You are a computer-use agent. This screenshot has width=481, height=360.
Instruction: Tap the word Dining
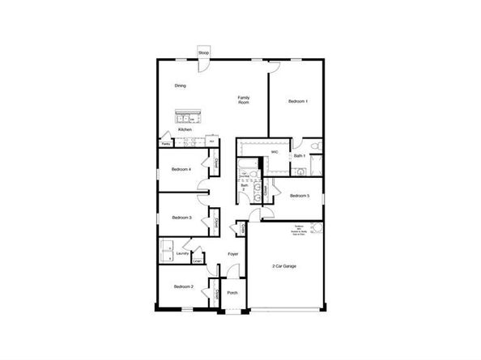tap(180, 85)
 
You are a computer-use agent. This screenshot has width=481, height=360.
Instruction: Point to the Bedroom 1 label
tap(297, 101)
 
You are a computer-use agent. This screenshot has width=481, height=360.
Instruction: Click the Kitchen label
tap(185, 129)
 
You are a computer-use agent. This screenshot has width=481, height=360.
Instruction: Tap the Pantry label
tap(165, 144)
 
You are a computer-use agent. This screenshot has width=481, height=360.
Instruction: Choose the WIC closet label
tap(275, 151)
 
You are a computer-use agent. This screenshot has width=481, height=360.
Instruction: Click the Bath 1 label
tap(299, 155)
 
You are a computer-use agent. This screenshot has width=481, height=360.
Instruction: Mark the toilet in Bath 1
tap(317, 146)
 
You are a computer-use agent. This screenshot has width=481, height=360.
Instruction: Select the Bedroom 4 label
tap(181, 169)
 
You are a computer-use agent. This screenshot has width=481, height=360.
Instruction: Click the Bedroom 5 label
tap(300, 195)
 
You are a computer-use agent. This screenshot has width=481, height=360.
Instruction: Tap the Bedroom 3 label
tap(181, 217)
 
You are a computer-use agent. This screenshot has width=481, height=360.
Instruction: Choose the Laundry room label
tap(182, 253)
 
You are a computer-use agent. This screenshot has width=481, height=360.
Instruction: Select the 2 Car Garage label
tap(286, 266)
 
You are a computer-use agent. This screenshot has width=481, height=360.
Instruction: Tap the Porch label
tap(232, 292)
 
